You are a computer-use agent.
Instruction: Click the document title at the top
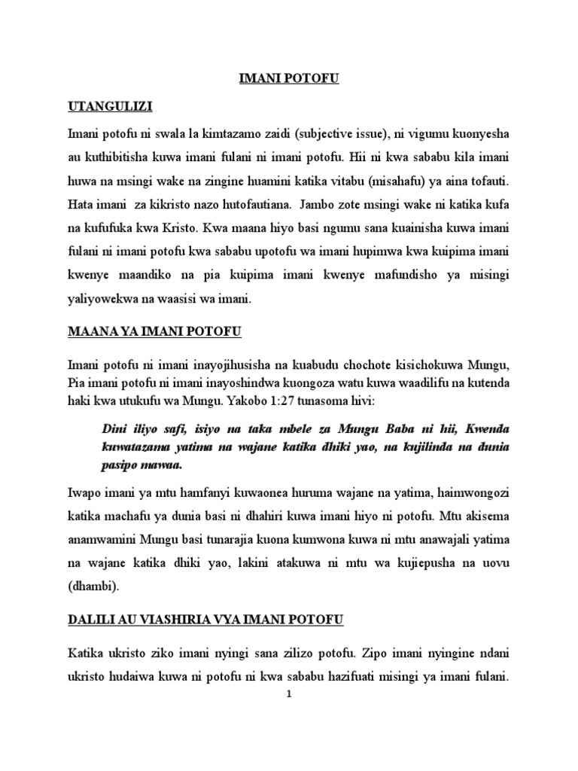pos(289,79)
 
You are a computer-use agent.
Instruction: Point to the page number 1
pos(289,695)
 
